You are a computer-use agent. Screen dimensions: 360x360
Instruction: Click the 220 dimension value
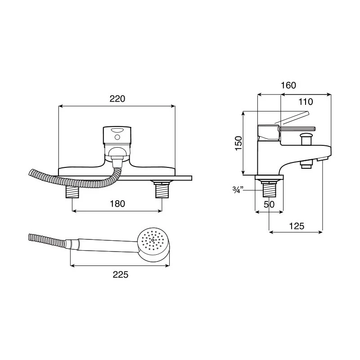click(117, 99)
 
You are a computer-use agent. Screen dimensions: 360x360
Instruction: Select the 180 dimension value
click(117, 204)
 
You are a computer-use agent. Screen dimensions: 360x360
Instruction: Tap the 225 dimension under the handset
click(121, 274)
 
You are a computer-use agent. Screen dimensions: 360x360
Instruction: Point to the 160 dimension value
click(288, 85)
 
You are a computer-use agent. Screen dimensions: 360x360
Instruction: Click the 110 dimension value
click(306, 102)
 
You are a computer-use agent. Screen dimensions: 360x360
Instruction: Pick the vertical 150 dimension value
click(238, 143)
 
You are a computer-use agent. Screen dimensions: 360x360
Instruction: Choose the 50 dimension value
click(269, 204)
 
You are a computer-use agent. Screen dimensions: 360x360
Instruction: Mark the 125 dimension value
click(297, 226)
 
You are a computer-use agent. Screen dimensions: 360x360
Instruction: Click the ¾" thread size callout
click(238, 190)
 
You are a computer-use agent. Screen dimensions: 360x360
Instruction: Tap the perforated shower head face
click(153, 240)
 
